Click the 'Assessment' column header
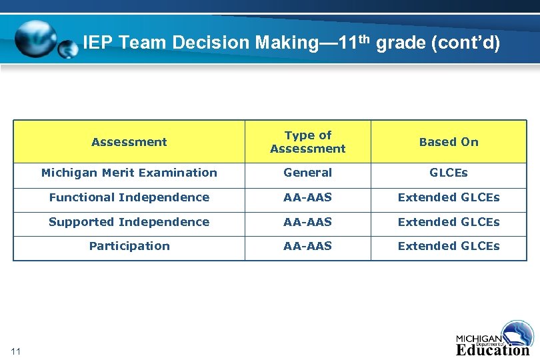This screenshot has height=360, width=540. point(129,142)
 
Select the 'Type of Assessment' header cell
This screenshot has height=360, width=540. point(307,142)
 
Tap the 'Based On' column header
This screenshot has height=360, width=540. point(449,142)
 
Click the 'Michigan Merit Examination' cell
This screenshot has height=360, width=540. point(129,173)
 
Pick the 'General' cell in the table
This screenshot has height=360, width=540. point(307,173)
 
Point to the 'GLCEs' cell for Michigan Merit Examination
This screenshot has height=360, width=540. point(449,173)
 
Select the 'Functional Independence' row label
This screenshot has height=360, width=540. point(129,197)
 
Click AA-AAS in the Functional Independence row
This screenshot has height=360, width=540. point(307,197)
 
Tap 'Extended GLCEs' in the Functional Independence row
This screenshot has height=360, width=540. point(449,197)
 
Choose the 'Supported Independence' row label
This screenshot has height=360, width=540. point(129,222)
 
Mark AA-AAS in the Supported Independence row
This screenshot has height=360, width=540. point(307,222)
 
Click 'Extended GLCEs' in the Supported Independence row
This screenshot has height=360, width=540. point(449,222)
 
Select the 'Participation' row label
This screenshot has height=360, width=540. point(129,246)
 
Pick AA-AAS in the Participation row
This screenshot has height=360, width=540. point(307,246)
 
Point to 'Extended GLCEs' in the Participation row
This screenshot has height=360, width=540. point(449,246)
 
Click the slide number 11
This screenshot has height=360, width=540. point(17,351)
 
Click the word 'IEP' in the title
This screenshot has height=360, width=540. point(98,43)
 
